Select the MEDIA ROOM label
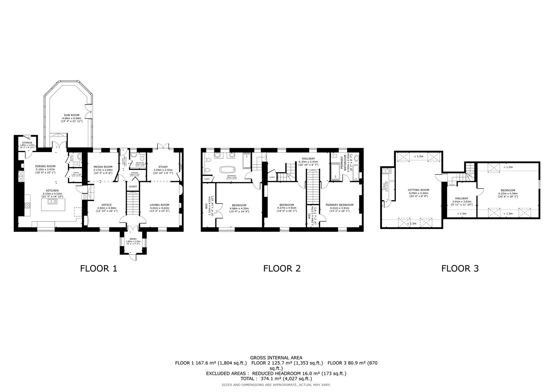coord(103,167)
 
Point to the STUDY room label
coord(163,167)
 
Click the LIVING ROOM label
coord(160,205)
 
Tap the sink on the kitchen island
coord(53,202)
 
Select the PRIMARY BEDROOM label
coord(339,205)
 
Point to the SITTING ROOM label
coord(418,190)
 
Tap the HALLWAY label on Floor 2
coord(308,159)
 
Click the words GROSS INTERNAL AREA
coord(276,358)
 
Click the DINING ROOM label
coord(45,166)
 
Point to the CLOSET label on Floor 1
coord(133,187)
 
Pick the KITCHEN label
coord(52,191)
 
